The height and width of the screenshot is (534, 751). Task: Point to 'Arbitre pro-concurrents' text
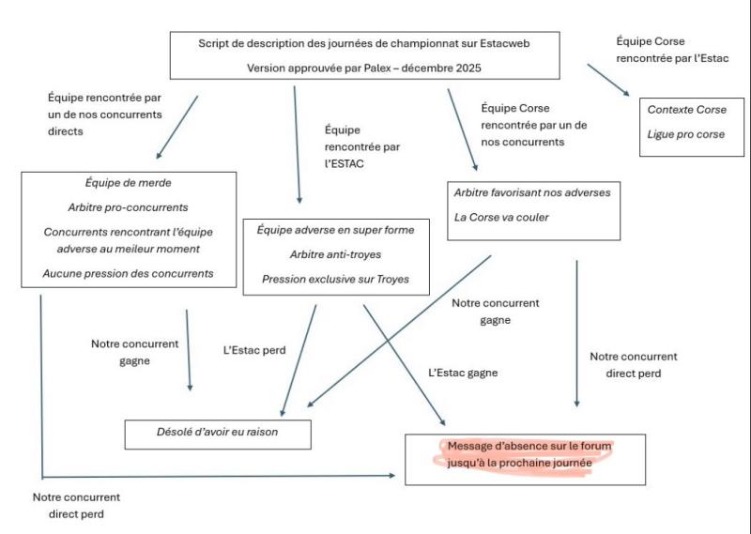(x=128, y=206)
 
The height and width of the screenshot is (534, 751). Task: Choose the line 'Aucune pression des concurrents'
(x=128, y=273)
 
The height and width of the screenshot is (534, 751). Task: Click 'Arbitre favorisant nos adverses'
(x=531, y=192)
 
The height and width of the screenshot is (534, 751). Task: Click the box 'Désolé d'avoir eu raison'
(x=218, y=433)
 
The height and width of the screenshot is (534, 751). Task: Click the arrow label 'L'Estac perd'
(x=254, y=350)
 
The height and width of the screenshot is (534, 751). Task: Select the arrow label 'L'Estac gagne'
(x=463, y=373)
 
